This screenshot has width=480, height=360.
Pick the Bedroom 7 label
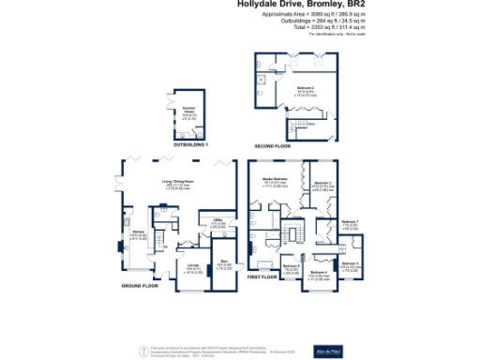point(351,223)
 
